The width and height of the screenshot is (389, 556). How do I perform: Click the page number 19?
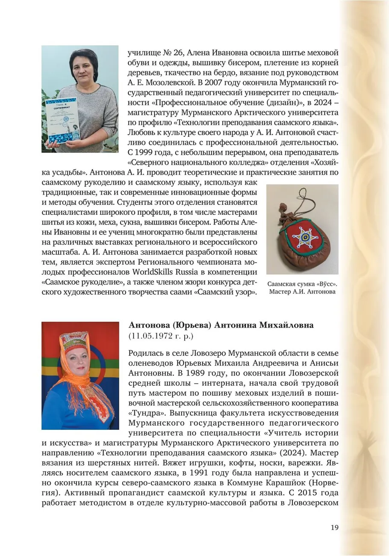(334, 527)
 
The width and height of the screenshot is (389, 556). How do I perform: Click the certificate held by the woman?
(63, 121)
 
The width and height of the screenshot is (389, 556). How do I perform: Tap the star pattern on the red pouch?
(304, 235)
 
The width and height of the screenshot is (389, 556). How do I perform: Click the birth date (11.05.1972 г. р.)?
(161, 337)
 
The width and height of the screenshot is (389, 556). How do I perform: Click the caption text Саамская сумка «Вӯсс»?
(302, 284)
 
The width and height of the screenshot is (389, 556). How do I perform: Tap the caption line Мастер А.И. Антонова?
(302, 292)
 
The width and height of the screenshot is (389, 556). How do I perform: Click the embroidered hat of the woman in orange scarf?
(74, 342)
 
